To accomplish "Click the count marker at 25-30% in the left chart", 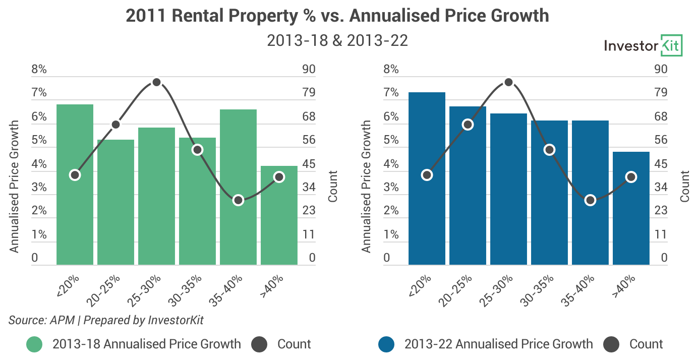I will click(x=156, y=82).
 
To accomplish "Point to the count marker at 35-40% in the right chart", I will click(x=591, y=200).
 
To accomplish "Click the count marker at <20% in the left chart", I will click(x=75, y=175).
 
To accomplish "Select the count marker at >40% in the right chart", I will click(x=631, y=177).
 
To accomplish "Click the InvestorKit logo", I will click(x=643, y=46).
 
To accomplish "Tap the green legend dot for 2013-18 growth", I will click(x=34, y=344).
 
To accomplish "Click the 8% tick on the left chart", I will click(x=39, y=70).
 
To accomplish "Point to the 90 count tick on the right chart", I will click(x=660, y=70).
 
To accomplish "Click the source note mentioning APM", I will click(x=106, y=320).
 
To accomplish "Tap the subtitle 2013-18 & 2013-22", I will click(x=337, y=41).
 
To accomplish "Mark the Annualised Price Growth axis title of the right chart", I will click(x=367, y=187).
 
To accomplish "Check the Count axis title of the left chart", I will click(x=333, y=187).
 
